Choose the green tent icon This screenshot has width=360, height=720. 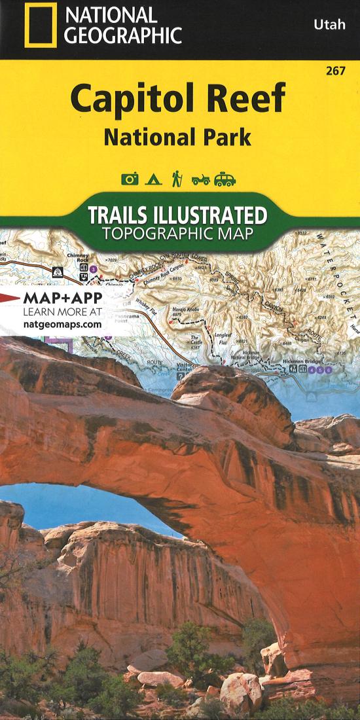coord(153,179)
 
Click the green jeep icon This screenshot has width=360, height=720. coord(200,179)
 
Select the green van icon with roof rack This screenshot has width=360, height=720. coord(225,179)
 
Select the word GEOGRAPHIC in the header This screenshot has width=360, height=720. coord(122,35)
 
